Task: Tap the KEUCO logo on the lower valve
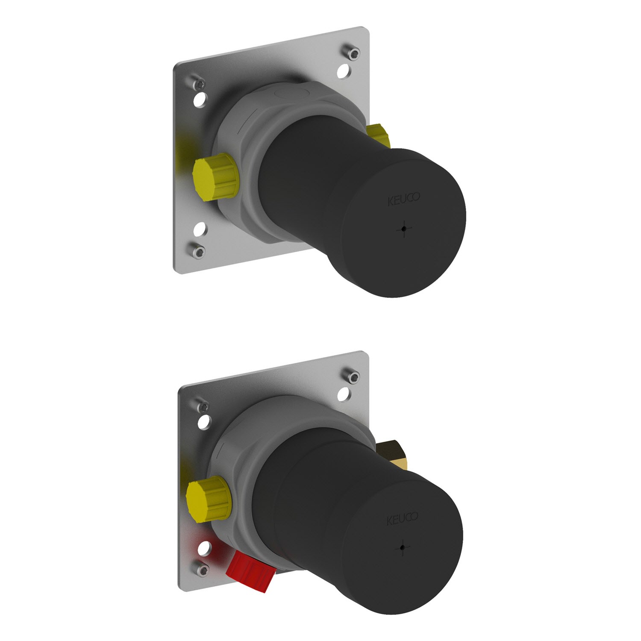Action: coord(402,519)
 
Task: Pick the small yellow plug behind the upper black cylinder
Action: coord(379,135)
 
